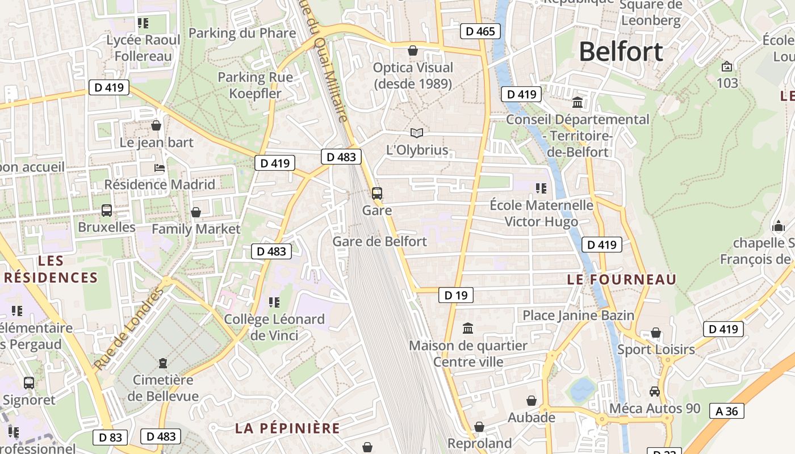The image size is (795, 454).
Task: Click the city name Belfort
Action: (x=621, y=52)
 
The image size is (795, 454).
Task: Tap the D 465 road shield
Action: (x=480, y=31)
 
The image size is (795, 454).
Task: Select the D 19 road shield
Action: (x=455, y=295)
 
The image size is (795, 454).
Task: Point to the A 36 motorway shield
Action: (x=726, y=411)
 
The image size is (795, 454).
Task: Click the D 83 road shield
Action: (x=110, y=437)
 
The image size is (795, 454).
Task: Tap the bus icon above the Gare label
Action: (x=377, y=193)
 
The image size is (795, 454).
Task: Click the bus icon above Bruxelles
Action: (x=106, y=211)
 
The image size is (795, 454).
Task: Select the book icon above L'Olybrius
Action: (x=417, y=133)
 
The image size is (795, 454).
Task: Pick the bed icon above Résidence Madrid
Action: (x=160, y=168)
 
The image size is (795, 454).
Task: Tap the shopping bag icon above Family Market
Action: (x=196, y=212)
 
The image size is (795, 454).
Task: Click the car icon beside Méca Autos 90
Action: (x=655, y=392)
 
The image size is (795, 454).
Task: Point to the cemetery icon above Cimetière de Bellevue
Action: (x=163, y=363)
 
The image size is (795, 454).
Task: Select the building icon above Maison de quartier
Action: (x=468, y=328)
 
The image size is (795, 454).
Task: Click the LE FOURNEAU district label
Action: (x=622, y=279)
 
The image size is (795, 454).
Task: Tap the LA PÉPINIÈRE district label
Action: (x=287, y=428)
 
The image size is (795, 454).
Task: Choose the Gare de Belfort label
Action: (x=379, y=241)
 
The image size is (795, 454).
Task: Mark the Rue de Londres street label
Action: (x=128, y=329)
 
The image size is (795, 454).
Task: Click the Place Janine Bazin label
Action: (x=578, y=315)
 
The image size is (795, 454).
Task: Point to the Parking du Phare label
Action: (x=242, y=33)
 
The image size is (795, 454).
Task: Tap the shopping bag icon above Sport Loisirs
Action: (x=656, y=333)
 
